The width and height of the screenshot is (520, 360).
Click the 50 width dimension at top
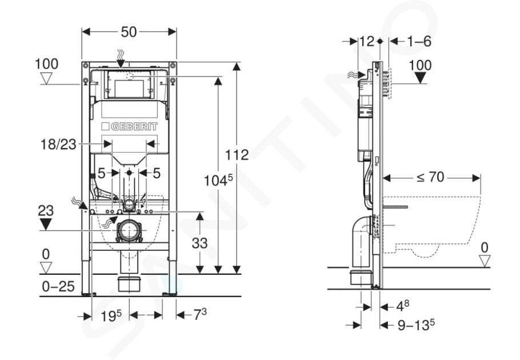(x=129, y=32)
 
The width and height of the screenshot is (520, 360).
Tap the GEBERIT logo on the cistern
(x=130, y=126)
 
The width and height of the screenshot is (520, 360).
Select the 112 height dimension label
(x=237, y=155)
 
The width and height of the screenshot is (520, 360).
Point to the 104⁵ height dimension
(x=218, y=181)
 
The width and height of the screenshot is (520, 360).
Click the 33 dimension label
(x=199, y=243)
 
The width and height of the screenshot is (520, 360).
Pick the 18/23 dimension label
(x=58, y=145)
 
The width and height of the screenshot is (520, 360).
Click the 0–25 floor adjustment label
(x=58, y=286)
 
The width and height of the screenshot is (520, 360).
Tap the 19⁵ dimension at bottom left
(x=111, y=316)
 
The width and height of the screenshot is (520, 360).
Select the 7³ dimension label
(x=200, y=314)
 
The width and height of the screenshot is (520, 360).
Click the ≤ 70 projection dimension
(x=430, y=177)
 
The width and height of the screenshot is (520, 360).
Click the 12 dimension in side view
(x=367, y=42)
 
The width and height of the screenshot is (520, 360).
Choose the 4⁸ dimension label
(x=403, y=306)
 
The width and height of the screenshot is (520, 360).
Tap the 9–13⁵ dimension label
(x=416, y=325)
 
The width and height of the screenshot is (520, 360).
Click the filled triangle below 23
(x=46, y=224)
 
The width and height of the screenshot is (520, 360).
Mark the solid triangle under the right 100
(x=421, y=78)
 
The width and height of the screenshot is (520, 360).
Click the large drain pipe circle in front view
(x=129, y=231)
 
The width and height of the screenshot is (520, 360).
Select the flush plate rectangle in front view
(x=129, y=85)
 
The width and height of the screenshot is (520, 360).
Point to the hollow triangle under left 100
(x=46, y=78)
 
